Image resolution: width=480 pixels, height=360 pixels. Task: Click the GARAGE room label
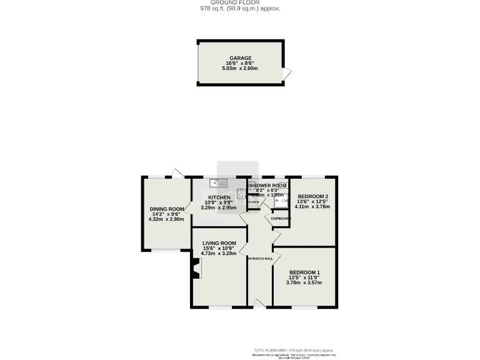[240, 57]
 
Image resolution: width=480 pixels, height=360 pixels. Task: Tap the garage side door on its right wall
[287, 76]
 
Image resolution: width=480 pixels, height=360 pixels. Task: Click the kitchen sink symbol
[219, 183]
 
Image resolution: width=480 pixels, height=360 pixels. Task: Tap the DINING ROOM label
[166, 209]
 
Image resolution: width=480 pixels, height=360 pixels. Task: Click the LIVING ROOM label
[219, 242]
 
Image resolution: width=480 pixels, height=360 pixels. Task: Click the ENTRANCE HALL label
[260, 258]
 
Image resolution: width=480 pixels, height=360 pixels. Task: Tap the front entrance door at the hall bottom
[258, 303]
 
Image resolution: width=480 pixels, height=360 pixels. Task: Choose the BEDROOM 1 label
[304, 272]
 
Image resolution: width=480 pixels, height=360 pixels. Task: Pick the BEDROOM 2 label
[312, 196]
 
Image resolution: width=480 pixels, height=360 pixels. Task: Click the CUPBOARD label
[281, 218]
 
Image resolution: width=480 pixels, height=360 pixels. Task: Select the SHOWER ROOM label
[269, 186]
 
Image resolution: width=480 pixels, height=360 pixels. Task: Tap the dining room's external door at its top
[178, 173]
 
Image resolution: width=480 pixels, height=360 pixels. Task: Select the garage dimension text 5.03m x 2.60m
[240, 68]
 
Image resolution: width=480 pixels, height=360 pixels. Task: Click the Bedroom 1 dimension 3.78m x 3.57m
[304, 282]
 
